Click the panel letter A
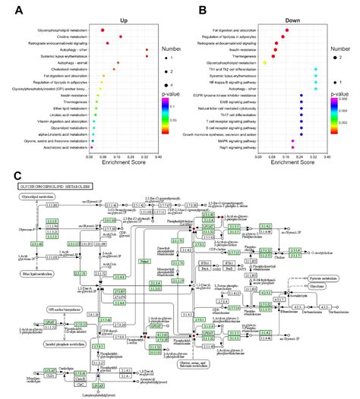[16, 11]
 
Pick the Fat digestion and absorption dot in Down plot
[286, 30]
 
